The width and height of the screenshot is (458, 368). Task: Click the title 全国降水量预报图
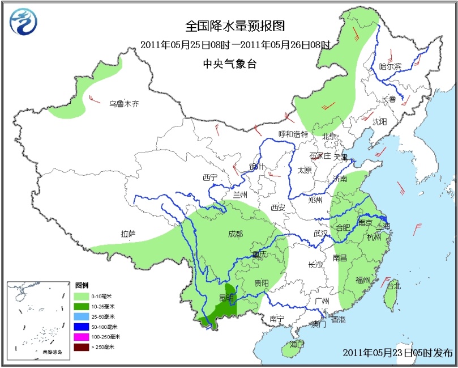pyautogui.click(x=234, y=26)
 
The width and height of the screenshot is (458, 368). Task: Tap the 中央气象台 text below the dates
pyautogui.click(x=230, y=64)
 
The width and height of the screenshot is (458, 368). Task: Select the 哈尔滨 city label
pyautogui.click(x=389, y=66)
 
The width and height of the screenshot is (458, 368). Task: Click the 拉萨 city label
pyautogui.click(x=129, y=233)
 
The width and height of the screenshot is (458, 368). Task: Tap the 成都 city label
pyautogui.click(x=235, y=233)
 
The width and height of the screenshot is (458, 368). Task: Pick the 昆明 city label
pyautogui.click(x=226, y=297)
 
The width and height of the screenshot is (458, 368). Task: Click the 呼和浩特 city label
pyautogui.click(x=293, y=134)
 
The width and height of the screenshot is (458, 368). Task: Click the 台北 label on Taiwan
pyautogui.click(x=393, y=286)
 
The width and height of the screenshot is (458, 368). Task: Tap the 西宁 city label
pyautogui.click(x=209, y=178)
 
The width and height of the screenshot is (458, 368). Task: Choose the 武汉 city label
pyautogui.click(x=320, y=233)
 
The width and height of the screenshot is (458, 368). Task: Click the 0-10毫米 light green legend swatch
pyautogui.click(x=82, y=297)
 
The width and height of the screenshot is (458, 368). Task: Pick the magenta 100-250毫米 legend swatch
pyautogui.click(x=82, y=337)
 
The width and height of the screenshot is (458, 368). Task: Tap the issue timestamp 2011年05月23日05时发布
pyautogui.click(x=397, y=353)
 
